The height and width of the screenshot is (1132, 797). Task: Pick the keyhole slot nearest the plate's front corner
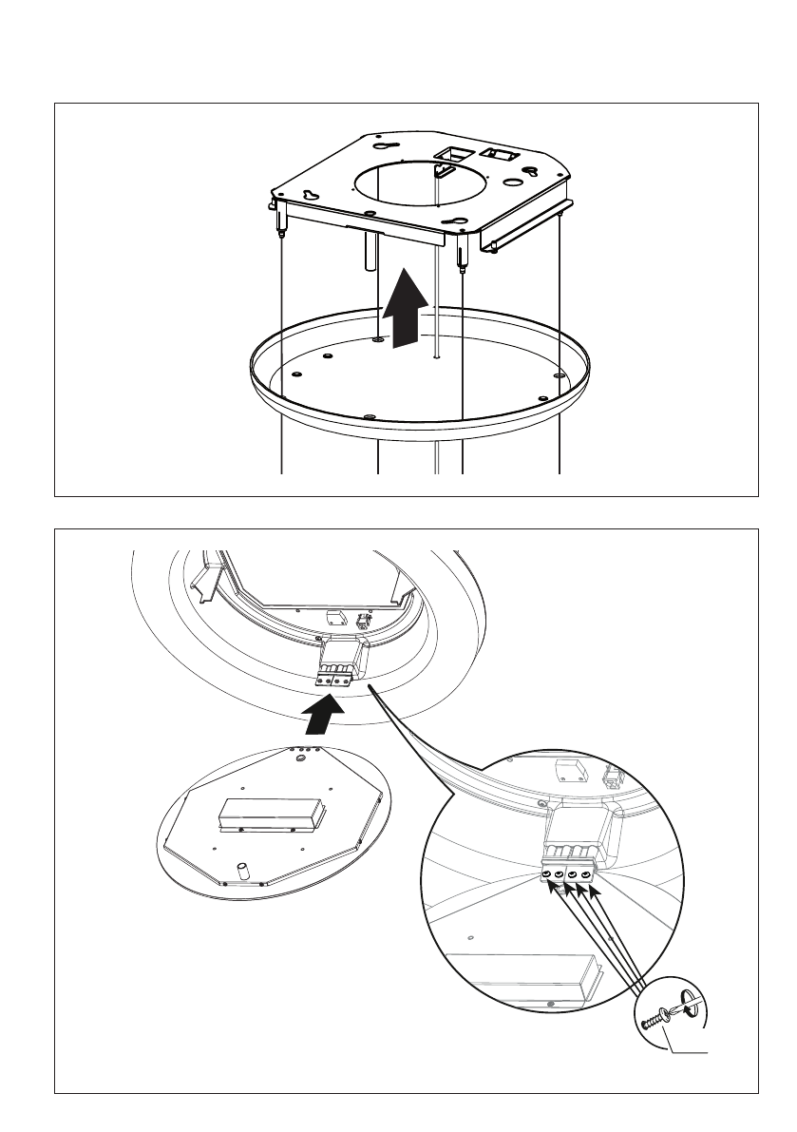[x=460, y=224]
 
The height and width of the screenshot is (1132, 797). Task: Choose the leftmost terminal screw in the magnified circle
[x=549, y=874]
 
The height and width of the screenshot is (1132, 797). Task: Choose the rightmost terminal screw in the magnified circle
[x=589, y=873]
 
